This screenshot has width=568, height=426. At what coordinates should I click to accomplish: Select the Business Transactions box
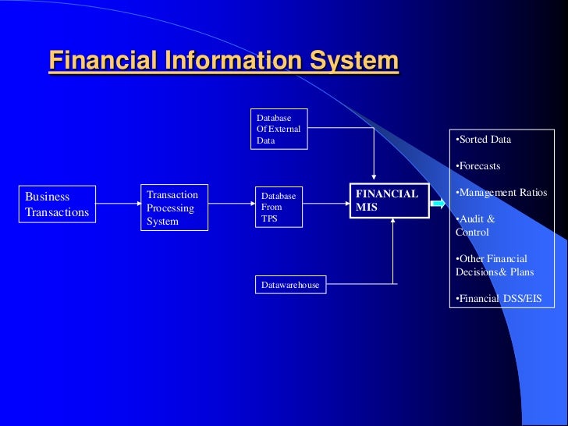click(57, 204)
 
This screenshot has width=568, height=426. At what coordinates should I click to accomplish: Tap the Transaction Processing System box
click(174, 208)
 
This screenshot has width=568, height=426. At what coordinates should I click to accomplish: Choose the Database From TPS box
click(278, 208)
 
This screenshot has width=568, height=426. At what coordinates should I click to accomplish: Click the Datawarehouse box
click(289, 285)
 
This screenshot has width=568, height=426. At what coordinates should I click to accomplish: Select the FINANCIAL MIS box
click(388, 201)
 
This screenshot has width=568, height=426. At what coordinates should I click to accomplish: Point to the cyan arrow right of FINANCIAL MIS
click(437, 204)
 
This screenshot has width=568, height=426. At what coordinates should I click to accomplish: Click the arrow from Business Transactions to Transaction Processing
click(118, 204)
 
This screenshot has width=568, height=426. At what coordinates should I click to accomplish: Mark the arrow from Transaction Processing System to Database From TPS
click(231, 204)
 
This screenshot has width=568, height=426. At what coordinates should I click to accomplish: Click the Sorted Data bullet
click(484, 140)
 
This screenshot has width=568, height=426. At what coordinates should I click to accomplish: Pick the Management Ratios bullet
click(501, 193)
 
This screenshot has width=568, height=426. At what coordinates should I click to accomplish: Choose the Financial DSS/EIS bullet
click(499, 299)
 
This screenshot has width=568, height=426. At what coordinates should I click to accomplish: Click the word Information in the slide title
click(226, 61)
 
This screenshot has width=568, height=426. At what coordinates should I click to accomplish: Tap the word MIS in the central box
click(367, 208)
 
